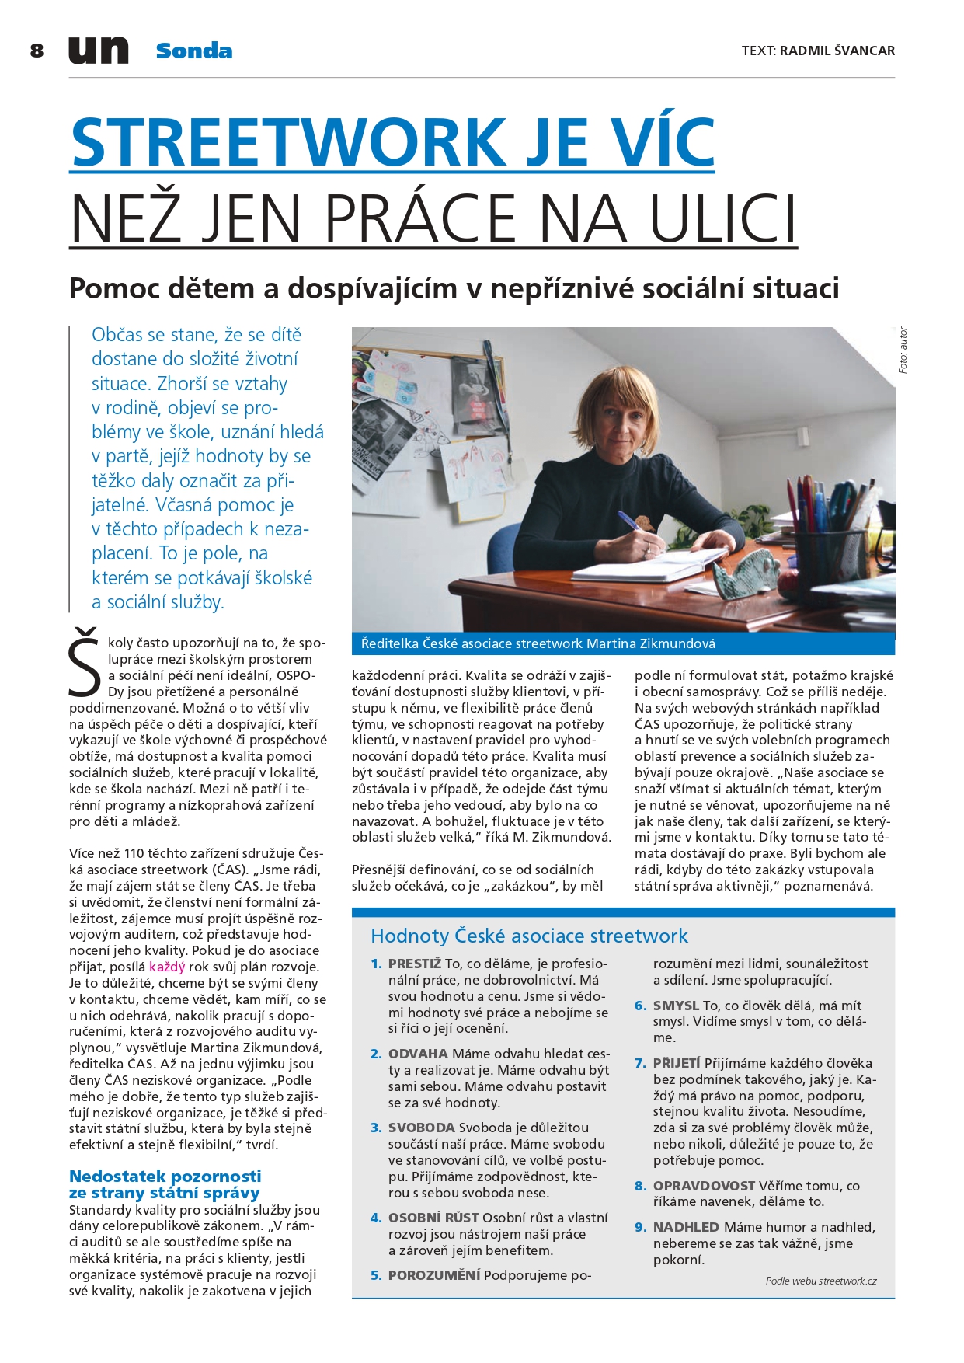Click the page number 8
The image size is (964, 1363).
coord(37,51)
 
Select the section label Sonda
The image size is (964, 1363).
coord(193,51)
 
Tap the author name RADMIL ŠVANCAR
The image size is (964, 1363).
coord(837,51)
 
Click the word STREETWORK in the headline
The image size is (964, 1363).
coord(287,142)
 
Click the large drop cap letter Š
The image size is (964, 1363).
coord(85,661)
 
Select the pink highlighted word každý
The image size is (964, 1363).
coord(167,967)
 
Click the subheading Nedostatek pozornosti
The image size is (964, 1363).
coord(165,1176)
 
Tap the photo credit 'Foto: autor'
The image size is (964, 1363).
coord(903,350)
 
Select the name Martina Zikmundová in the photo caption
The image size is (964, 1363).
coord(650,643)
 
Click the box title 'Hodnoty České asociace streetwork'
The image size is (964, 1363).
coord(529,936)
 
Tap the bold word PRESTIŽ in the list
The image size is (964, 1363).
coord(415,964)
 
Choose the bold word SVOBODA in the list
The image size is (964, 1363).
coord(422,1128)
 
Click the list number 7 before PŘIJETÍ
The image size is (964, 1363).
coord(640,1063)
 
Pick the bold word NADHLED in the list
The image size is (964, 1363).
coord(686,1227)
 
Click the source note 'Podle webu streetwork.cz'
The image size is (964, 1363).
coord(820,1281)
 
